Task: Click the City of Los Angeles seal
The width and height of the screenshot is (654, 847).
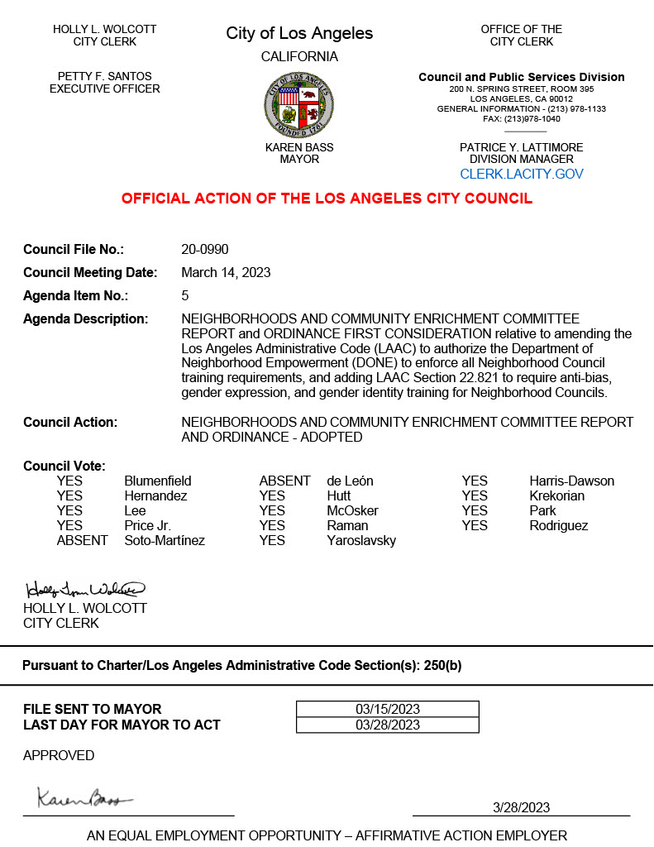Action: pos(299,105)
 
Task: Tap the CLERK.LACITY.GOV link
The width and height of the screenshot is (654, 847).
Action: pos(522,175)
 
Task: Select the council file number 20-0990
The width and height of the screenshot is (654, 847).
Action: pos(205,250)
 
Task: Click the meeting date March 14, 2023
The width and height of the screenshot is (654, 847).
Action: pos(226,273)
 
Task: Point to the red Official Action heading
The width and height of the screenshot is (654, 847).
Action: pos(327,199)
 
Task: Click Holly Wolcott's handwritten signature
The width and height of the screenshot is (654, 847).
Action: pos(85,590)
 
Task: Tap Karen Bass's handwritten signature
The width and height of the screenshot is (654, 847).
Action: pos(84,798)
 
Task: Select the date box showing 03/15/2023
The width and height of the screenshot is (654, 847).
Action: pos(388,709)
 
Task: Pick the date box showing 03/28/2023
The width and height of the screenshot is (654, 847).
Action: pos(388,725)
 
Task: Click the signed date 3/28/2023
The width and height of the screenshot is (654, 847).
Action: pos(521,807)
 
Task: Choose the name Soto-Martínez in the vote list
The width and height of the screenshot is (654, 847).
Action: pos(165,541)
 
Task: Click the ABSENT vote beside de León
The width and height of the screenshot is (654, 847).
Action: pos(285,481)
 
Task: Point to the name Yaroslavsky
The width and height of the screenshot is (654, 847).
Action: pos(361,541)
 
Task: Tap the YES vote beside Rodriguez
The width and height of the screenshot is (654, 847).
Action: pos(475,526)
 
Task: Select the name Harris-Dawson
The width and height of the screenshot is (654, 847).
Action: pos(571,481)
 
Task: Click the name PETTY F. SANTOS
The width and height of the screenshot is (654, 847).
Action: pos(105,77)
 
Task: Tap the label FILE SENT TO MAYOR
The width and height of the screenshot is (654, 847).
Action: pos(93,709)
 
